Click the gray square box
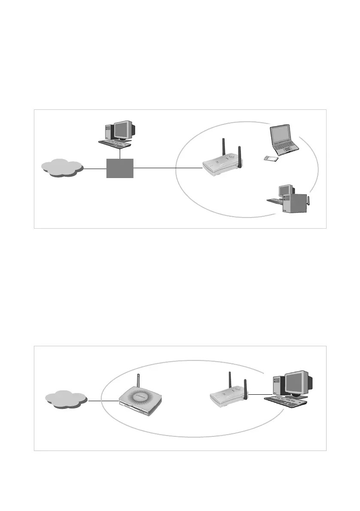coord(120,168)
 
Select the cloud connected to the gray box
coord(61,169)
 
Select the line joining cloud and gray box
coord(94,169)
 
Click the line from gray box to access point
coord(167,168)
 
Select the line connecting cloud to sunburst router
coord(103,401)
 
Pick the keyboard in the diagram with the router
coord(286,400)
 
